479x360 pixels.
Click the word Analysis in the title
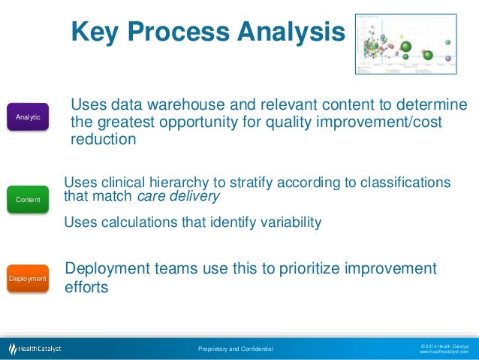(293, 32)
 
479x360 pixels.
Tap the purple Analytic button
(29, 118)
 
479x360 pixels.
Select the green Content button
(29, 199)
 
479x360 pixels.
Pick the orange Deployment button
(28, 279)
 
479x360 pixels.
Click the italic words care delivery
(179, 198)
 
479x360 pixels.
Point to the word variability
(285, 222)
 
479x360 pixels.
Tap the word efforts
(87, 286)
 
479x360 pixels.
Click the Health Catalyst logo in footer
(35, 349)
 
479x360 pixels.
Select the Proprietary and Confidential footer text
(235, 349)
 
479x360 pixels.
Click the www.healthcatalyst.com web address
(444, 352)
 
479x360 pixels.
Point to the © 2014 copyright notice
(444, 345)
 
